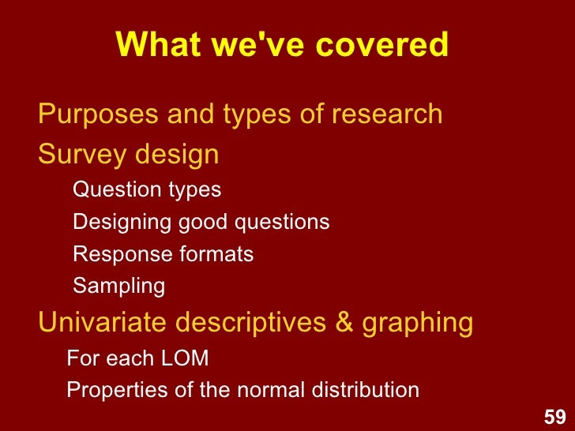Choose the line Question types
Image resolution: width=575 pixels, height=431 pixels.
pos(147,190)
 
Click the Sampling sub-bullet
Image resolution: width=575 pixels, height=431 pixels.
pos(118,287)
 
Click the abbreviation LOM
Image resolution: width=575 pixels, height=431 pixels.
pos(183,359)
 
